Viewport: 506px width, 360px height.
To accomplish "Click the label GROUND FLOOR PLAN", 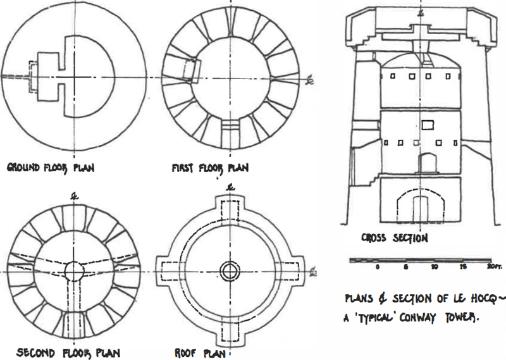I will click(46, 169).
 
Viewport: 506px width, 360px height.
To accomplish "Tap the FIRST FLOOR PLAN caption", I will click(209, 168).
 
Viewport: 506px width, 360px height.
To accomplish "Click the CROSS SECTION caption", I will click(394, 239).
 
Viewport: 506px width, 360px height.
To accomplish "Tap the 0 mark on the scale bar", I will click(377, 268).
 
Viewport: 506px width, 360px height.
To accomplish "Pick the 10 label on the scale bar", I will click(434, 268).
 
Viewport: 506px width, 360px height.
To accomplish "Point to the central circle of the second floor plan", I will click(75, 271).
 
